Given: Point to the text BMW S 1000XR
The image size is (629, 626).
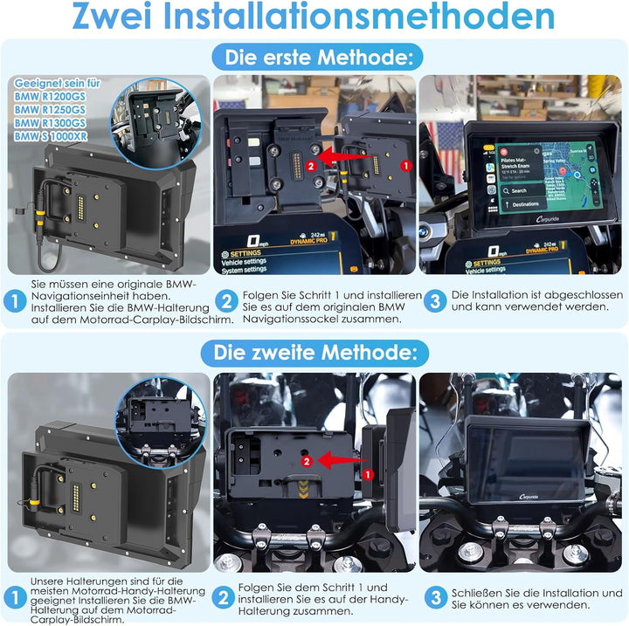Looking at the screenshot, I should click(x=52, y=137).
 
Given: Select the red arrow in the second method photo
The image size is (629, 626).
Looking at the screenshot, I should click(x=340, y=460).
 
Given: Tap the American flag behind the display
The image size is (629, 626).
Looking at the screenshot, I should click(x=446, y=143).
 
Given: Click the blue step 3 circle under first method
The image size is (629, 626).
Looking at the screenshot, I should click(x=436, y=301).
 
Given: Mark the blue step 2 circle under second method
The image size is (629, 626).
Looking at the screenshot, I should click(x=225, y=598).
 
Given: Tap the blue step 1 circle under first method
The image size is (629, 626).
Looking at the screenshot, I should click(x=15, y=301).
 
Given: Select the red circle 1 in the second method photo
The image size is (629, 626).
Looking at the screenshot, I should click(x=367, y=474).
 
